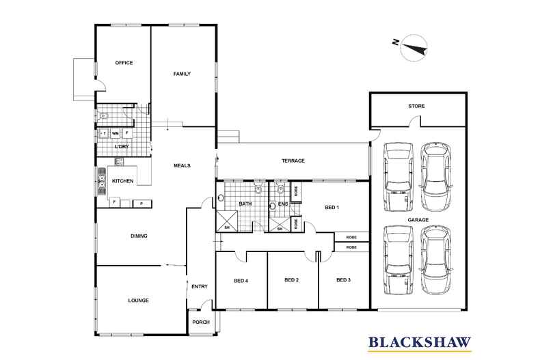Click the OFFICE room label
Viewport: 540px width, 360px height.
[124, 63]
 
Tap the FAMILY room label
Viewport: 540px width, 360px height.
[182, 74]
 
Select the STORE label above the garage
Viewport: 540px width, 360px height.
[416, 106]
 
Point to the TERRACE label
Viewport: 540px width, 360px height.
[293, 161]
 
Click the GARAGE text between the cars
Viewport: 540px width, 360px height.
[418, 219]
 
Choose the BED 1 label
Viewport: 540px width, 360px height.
[332, 208]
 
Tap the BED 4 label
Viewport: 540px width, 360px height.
[241, 281]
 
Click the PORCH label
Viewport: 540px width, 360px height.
[201, 322]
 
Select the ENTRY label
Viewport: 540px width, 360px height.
[200, 286]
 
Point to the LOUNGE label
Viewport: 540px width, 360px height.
[139, 301]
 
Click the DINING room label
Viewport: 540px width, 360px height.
[139, 236]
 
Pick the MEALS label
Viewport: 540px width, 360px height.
[182, 165]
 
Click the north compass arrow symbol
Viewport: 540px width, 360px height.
[414, 49]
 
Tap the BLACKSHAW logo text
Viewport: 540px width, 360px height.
[420, 342]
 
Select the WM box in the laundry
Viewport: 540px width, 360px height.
[116, 133]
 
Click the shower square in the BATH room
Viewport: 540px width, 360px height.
[227, 221]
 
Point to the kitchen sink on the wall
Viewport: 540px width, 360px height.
[102, 181]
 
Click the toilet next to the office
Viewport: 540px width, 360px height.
[103, 115]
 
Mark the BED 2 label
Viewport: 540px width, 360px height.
[291, 280]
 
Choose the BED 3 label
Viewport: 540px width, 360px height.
[343, 280]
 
